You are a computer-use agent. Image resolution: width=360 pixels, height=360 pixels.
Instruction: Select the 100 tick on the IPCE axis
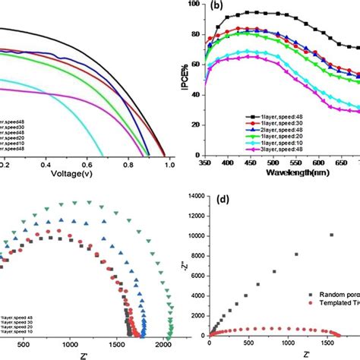click(194, 5)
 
